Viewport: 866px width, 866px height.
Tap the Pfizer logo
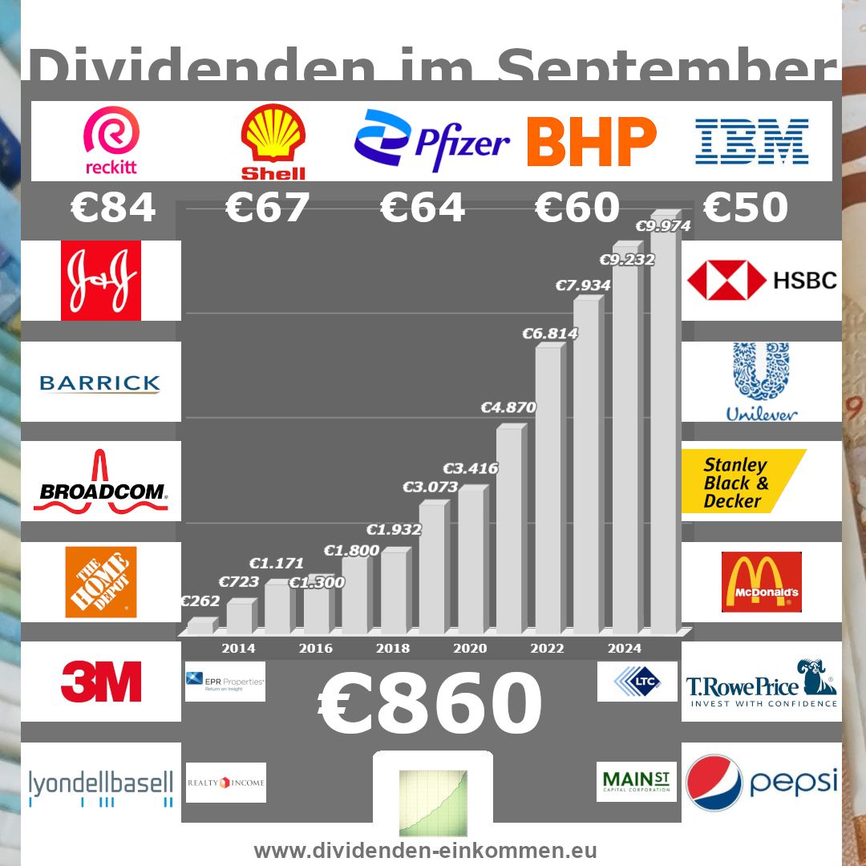[x=431, y=141]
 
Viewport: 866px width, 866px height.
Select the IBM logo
[x=751, y=141]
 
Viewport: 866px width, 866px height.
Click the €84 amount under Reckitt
[x=112, y=208]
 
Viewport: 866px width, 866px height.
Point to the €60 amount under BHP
[x=577, y=208]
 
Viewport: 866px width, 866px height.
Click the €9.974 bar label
[x=663, y=227]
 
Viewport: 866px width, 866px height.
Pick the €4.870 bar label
[x=508, y=407]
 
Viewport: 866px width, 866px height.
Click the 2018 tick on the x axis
[x=393, y=649]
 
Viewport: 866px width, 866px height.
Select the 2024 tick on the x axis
[x=625, y=649]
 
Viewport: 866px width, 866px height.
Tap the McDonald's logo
[x=761, y=582]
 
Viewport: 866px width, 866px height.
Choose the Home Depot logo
[x=101, y=582]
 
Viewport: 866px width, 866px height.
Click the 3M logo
[x=101, y=682]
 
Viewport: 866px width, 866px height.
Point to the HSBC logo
[x=761, y=281]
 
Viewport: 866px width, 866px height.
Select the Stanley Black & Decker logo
[x=743, y=482]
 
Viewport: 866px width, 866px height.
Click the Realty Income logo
[x=225, y=783]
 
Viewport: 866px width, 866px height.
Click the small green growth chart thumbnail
[x=433, y=802]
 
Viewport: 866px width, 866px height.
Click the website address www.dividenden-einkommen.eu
[x=425, y=851]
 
